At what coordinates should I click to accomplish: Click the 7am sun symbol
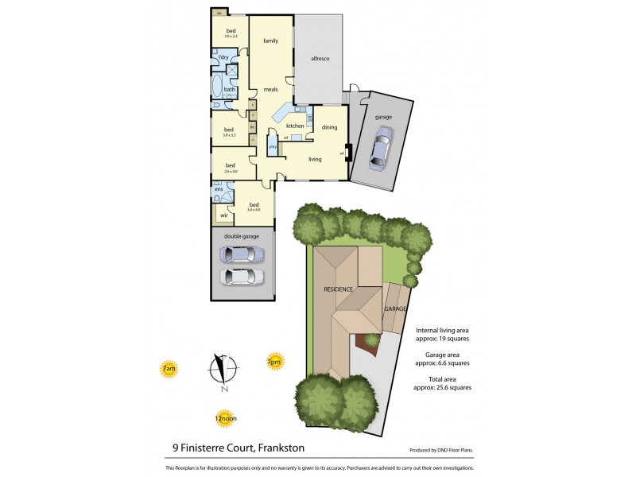(x=169, y=369)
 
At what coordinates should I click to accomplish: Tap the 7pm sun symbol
(x=274, y=362)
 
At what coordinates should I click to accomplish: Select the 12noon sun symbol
(x=226, y=417)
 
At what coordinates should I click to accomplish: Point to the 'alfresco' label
(x=320, y=60)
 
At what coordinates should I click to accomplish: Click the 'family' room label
(x=270, y=40)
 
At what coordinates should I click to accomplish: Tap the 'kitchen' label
(x=295, y=126)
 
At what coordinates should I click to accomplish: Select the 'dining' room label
(x=329, y=127)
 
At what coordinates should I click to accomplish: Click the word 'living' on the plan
(x=315, y=159)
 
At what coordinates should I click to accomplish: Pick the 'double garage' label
(x=242, y=235)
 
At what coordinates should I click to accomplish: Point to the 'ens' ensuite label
(x=219, y=189)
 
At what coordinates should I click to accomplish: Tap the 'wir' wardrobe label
(x=224, y=215)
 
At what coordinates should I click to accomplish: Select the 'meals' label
(x=270, y=90)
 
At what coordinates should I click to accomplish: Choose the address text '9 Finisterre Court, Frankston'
(x=239, y=448)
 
